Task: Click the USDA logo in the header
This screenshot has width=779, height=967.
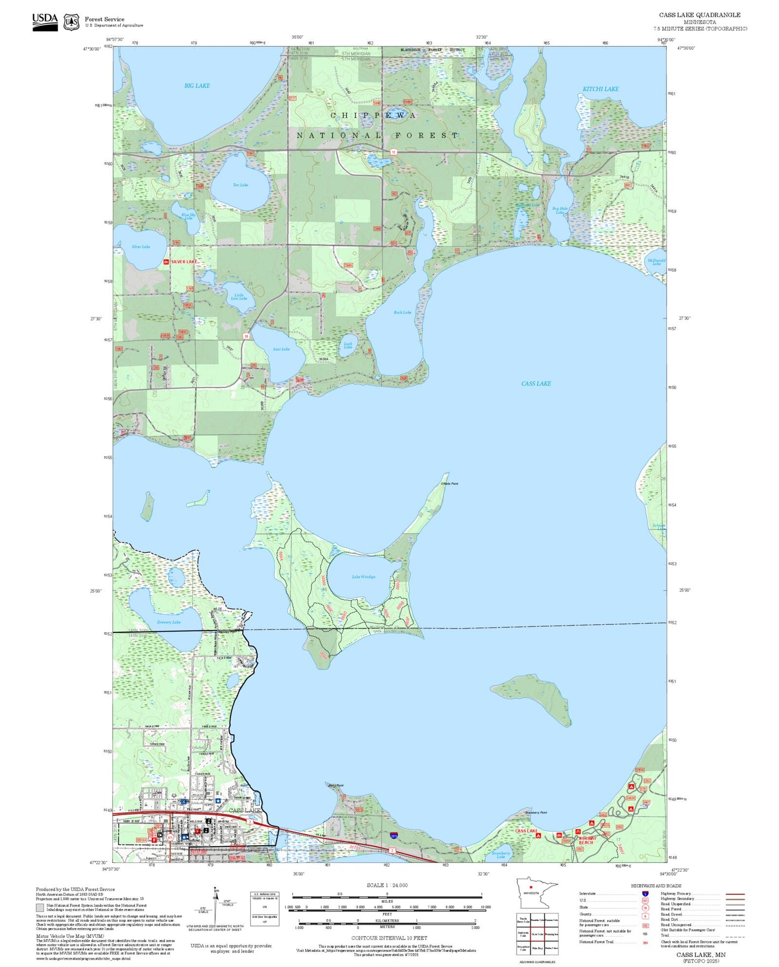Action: (x=45, y=22)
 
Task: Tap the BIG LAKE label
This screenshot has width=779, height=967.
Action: (x=197, y=86)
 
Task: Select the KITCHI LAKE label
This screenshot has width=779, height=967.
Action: (x=601, y=89)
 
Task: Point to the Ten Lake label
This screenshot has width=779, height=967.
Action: (x=240, y=185)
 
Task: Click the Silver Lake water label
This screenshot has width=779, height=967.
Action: (x=141, y=247)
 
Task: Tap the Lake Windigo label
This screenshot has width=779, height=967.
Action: (x=363, y=577)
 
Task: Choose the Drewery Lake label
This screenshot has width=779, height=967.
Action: (x=169, y=622)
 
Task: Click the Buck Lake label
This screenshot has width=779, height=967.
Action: (x=402, y=313)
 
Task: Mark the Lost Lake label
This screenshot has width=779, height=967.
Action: (x=281, y=349)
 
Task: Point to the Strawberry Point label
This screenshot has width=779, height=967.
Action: (x=536, y=812)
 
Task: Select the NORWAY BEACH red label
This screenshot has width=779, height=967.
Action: (x=588, y=840)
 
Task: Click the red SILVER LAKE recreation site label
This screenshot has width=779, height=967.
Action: (x=184, y=262)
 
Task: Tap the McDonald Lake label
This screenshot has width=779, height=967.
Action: (x=656, y=262)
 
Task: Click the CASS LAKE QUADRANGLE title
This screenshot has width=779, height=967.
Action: (x=699, y=15)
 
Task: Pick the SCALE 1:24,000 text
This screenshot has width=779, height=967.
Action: (x=387, y=885)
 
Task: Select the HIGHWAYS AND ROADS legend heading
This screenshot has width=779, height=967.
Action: (x=656, y=886)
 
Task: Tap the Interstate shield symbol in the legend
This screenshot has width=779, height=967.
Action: (x=645, y=894)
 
